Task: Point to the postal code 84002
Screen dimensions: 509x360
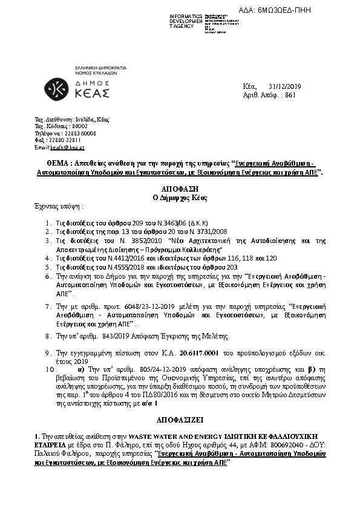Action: pos(71,126)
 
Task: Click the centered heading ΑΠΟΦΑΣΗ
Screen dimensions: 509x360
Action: pos(180,189)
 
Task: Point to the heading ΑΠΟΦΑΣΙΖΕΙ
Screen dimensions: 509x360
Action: pos(180,418)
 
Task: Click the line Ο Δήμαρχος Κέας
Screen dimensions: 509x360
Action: pos(180,197)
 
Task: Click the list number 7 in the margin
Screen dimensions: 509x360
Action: pos(47,307)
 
